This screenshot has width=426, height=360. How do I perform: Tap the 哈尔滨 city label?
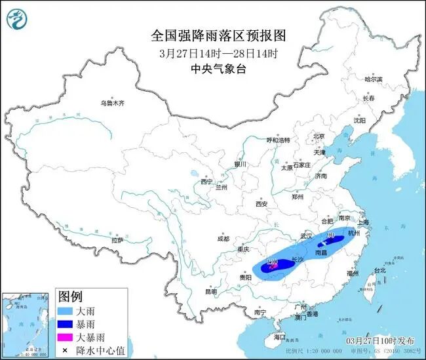tap(372, 79)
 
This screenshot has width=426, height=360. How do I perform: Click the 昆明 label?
tap(210, 291)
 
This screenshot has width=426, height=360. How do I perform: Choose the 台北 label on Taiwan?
tap(379, 270)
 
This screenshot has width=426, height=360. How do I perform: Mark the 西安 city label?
tap(261, 204)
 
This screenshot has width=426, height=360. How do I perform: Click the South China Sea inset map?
tap(26, 325)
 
